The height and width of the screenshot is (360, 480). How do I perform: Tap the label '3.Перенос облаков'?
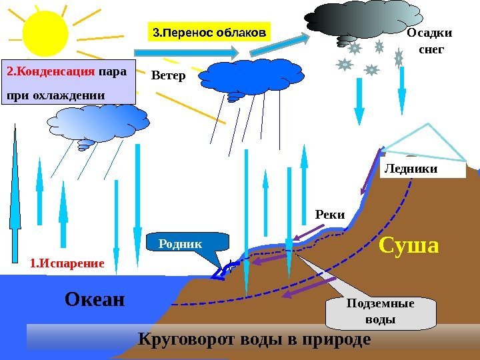point(209,31)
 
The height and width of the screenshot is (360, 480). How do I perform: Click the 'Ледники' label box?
point(424,169)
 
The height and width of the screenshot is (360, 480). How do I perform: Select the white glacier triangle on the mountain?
point(427,143)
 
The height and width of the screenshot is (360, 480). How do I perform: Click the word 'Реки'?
point(329,215)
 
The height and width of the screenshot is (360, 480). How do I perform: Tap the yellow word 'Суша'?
point(409,246)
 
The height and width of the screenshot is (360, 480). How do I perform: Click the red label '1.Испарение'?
point(67,263)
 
